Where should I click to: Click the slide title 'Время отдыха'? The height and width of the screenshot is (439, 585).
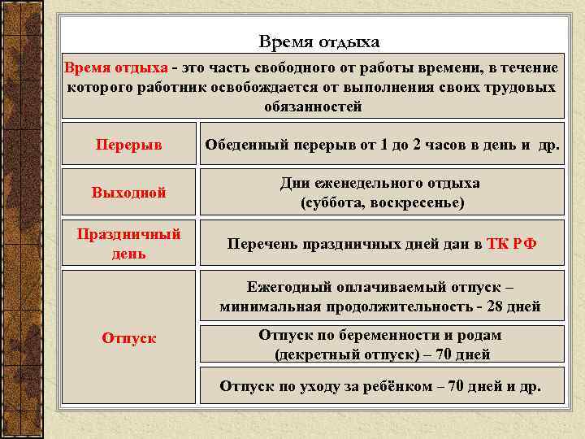pyautogui.click(x=319, y=41)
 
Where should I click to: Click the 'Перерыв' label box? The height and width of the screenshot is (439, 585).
pyautogui.click(x=128, y=144)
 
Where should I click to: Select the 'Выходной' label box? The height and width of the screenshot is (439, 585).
pyautogui.click(x=128, y=193)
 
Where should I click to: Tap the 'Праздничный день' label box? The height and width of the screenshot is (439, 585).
pyautogui.click(x=128, y=243)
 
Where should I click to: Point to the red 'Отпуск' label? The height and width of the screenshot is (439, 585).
pyautogui.click(x=128, y=337)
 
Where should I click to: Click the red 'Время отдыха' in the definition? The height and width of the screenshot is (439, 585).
pyautogui.click(x=115, y=67)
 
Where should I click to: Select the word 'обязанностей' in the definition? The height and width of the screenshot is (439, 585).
pyautogui.click(x=313, y=106)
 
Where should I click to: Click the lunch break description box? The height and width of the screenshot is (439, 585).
pyautogui.click(x=383, y=144)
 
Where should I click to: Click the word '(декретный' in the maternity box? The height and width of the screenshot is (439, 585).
pyautogui.click(x=312, y=354)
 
